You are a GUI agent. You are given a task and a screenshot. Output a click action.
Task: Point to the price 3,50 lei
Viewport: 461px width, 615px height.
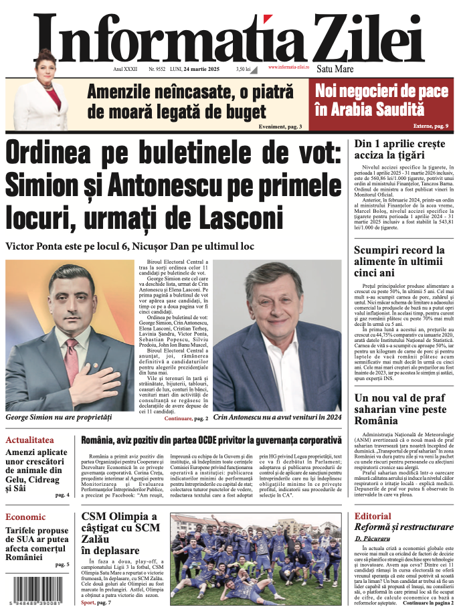coord(243,69)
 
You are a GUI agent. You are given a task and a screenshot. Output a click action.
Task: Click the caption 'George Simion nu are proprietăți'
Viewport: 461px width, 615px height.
coord(58,417)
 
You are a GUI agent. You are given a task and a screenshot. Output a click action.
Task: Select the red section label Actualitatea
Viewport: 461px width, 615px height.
coord(29,440)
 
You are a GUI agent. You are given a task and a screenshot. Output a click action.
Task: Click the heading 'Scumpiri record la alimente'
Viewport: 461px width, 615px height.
coord(399,261)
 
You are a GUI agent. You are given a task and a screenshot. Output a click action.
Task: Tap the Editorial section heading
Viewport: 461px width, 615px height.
coord(373,517)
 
